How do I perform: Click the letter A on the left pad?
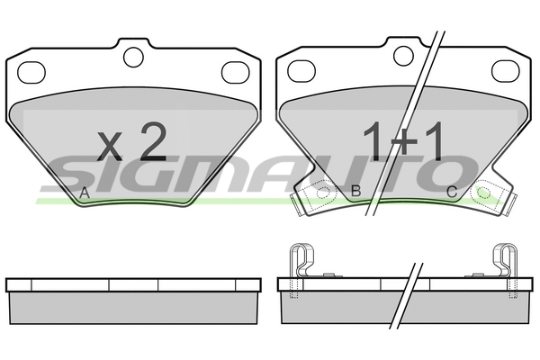(85, 193)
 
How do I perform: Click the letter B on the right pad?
(355, 191)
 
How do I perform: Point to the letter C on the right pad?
(452, 192)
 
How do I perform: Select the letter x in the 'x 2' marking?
(109, 147)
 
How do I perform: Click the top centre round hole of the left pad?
(133, 58)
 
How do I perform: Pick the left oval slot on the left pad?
(31, 73)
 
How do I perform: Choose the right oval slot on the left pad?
(236, 73)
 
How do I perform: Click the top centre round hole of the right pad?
(403, 56)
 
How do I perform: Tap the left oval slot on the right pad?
(301, 71)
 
